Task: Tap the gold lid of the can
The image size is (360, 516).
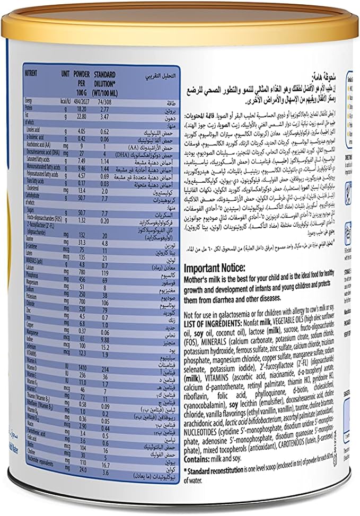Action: [180, 21]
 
